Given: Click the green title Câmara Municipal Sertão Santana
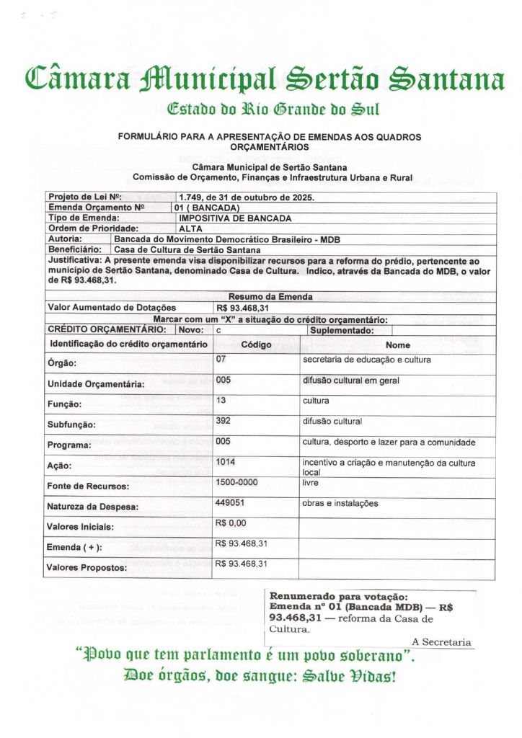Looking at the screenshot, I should coord(264,77).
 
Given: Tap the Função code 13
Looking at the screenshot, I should coord(221,400).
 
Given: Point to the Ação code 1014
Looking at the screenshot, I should coord(226,462).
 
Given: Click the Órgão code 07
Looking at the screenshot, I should coord(221,359).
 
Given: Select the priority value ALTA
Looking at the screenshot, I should coord(190,228).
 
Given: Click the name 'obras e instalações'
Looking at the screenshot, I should coord(340,504).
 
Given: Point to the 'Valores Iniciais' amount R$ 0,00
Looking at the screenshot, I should coord(231,523).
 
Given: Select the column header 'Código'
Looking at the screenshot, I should coord(255,344).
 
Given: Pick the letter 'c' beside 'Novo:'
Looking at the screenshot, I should coord(218,330).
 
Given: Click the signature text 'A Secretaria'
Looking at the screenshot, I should coord(441,641).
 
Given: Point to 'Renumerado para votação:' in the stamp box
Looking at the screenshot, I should coord(338,597).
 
